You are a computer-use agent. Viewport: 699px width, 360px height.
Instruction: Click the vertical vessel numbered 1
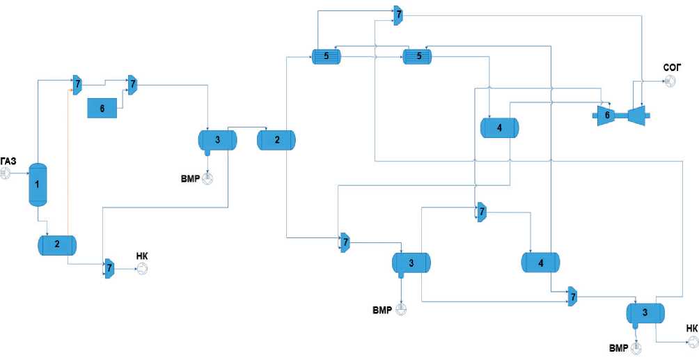[37, 184]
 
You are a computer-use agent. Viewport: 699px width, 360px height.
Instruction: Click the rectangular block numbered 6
[103, 108]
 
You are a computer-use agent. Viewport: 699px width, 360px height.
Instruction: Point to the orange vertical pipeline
[67, 160]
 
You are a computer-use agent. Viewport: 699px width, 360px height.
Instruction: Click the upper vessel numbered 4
[500, 127]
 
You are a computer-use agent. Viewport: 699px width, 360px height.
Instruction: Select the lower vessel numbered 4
[540, 262]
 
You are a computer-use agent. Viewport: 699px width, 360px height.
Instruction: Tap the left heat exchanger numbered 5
[325, 58]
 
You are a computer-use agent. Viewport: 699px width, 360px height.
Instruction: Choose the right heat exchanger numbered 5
[418, 58]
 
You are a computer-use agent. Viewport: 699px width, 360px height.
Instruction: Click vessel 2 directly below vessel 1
[57, 244]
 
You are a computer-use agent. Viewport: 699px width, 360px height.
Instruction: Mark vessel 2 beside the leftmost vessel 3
[276, 140]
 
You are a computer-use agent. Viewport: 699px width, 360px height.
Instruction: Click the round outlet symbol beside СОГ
[670, 81]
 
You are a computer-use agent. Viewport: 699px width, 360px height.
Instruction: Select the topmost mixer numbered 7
[398, 15]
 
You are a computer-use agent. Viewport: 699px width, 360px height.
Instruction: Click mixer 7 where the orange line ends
[76, 84]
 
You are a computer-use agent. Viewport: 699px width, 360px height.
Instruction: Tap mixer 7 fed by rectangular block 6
[131, 84]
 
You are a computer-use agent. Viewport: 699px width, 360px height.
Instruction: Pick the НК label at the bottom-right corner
[691, 328]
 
